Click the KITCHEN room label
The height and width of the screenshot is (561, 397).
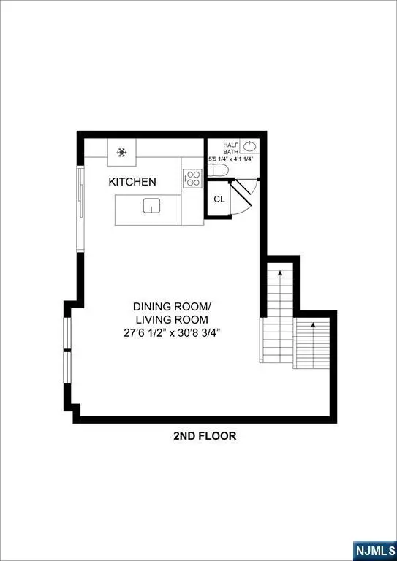point(132,181)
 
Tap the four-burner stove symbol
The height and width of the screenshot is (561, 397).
point(192,179)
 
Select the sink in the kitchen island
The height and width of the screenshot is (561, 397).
point(151,205)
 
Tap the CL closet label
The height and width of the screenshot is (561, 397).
point(219,199)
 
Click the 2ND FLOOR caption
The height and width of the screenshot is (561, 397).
point(205,436)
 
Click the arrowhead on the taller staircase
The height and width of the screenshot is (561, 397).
point(280,272)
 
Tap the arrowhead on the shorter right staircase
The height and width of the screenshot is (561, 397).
point(313,324)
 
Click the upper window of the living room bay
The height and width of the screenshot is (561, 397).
point(68,333)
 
